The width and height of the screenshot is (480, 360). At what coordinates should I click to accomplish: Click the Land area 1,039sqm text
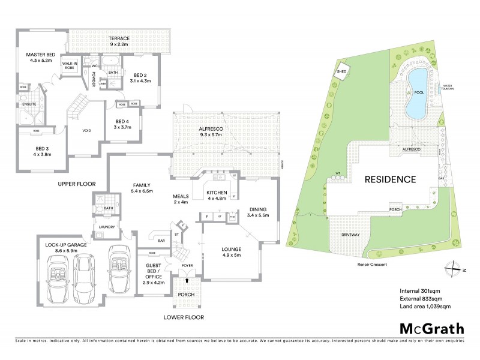(x=425, y=307)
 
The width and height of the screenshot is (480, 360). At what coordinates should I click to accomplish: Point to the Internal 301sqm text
(x=419, y=291)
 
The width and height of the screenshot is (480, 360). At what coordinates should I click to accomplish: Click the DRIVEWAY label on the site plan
(x=350, y=235)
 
